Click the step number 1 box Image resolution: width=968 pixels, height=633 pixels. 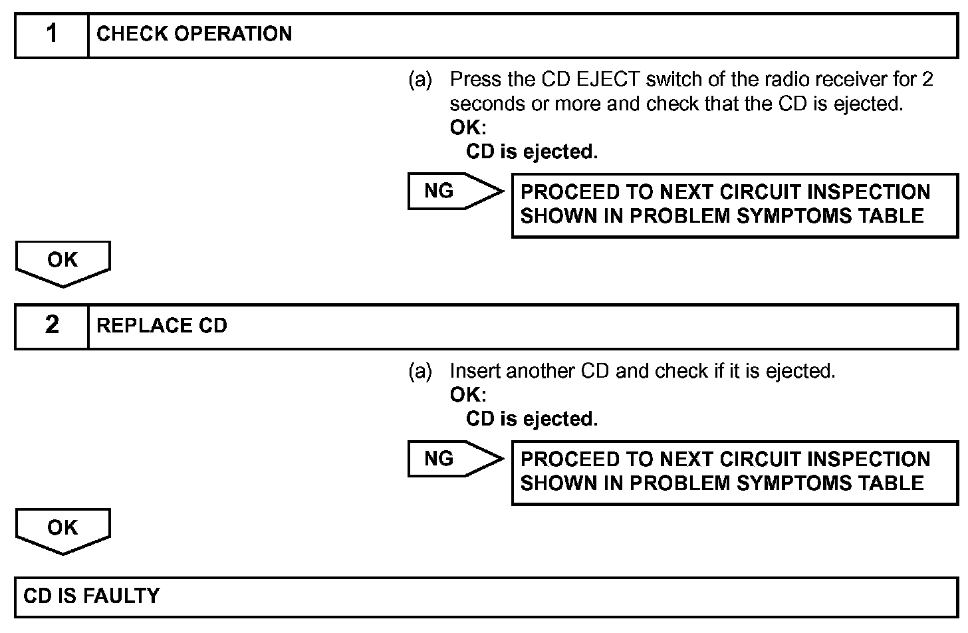coord(52,35)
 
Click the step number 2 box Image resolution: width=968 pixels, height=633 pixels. coord(52,326)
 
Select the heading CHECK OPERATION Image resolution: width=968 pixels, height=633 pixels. coord(194,35)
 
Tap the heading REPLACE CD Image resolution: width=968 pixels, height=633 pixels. coord(162,326)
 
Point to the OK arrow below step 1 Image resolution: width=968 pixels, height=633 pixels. coord(62,262)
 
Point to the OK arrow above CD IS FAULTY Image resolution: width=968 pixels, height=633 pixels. coord(62,529)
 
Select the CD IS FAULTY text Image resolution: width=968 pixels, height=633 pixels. coord(92,596)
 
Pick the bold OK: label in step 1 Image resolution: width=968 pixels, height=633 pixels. coord(468,128)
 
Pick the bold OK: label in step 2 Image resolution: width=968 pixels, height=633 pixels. coord(468,395)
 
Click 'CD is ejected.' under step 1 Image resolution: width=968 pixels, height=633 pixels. coord(532,152)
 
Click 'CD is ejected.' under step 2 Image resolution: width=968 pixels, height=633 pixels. coord(532,420)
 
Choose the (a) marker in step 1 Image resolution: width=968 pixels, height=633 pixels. coord(420,80)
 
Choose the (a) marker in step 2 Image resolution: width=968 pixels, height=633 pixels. coord(420,371)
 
